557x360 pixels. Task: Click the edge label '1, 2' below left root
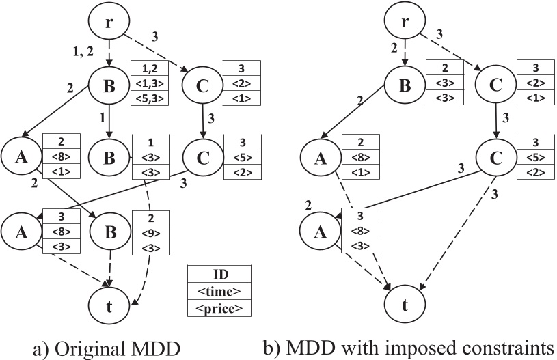pyautogui.click(x=83, y=51)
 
